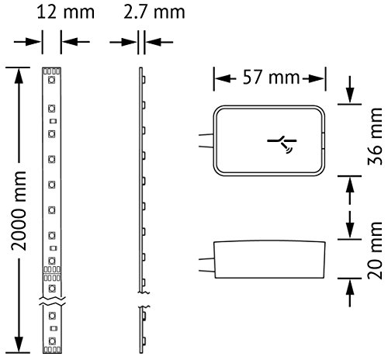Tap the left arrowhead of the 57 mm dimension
(220, 78)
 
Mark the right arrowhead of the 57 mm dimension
(320, 78)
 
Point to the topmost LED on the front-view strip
(50, 79)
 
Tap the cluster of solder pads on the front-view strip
(50, 278)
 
